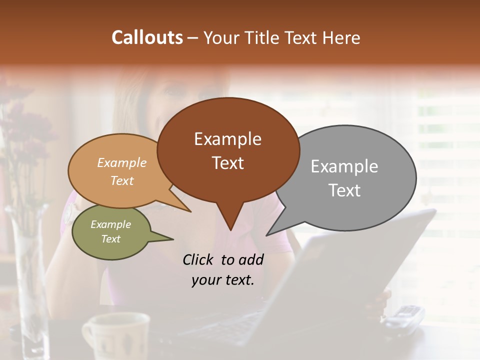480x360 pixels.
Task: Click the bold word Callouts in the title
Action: pos(147,37)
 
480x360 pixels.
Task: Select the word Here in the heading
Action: pos(342,37)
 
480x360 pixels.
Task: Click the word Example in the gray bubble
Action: pos(344,166)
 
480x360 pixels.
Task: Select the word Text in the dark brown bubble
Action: pos(228,162)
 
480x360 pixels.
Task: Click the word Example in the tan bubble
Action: pos(122,162)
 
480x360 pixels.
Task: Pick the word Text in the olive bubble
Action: pos(111,239)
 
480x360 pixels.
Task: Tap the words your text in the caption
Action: pos(222,280)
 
